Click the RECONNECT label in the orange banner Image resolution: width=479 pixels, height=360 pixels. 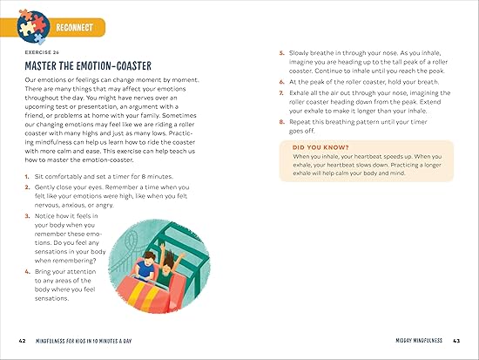74,28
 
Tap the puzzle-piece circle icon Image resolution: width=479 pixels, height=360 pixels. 33,27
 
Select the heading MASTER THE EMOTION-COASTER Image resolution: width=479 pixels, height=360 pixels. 88,65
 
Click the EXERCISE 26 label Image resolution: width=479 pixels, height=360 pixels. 42,52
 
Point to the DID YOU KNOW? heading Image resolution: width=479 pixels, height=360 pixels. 320,147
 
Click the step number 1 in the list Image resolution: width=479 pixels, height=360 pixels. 27,177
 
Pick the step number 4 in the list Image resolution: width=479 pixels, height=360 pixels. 28,272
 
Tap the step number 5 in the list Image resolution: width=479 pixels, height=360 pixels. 281,53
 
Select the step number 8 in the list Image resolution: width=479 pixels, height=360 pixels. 281,122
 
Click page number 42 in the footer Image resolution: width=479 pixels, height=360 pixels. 23,341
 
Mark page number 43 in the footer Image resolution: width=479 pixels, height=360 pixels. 456,341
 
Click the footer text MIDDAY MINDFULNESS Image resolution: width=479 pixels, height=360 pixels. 419,341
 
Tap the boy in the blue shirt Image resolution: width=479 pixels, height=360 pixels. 145,266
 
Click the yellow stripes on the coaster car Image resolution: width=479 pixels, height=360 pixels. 143,296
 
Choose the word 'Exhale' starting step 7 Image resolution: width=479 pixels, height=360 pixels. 299,93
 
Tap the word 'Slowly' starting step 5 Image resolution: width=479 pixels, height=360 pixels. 299,53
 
